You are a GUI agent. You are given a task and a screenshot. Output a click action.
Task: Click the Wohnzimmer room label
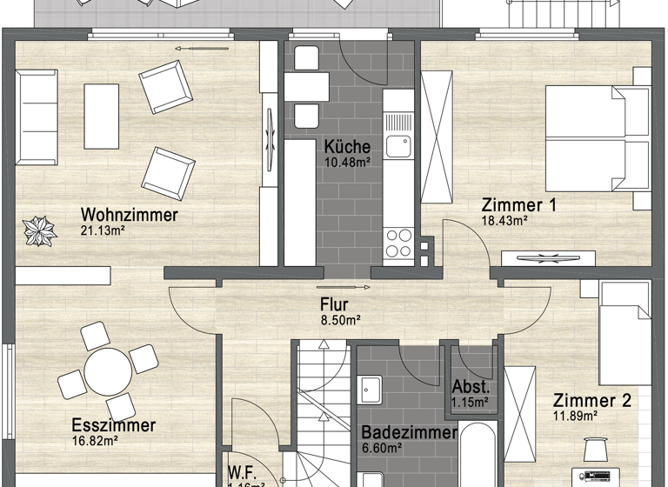(129, 215)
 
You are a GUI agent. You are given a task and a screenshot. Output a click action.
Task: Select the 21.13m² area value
(103, 230)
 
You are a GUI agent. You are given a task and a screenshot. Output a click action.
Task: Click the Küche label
(347, 146)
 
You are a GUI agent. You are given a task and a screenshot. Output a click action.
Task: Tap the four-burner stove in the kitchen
(398, 242)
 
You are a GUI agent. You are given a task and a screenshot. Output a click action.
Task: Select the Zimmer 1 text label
(518, 205)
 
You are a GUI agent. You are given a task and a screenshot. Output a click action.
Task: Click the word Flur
(334, 304)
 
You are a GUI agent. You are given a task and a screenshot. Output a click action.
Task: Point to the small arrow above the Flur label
(331, 287)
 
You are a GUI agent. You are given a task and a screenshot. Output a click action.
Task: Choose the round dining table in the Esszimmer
(104, 372)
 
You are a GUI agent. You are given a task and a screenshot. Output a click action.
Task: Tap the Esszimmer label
(114, 425)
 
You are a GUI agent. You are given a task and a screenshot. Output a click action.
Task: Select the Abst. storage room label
(470, 388)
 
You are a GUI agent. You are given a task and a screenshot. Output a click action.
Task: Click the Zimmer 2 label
(591, 401)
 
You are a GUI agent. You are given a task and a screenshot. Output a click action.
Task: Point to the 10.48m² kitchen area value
(347, 162)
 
